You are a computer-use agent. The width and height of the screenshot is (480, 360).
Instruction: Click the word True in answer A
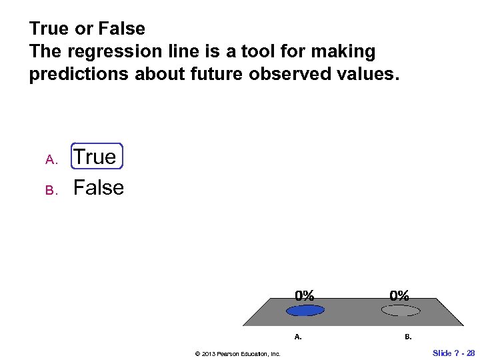coord(95,157)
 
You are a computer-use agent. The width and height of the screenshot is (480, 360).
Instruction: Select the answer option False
coord(99,188)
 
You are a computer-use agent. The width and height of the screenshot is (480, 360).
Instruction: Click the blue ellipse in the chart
coord(305,310)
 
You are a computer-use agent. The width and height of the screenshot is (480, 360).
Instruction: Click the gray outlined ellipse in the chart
coord(400,310)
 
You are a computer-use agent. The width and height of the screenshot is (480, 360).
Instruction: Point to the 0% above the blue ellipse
coord(305,295)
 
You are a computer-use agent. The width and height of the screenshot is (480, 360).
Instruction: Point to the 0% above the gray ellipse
coord(400,295)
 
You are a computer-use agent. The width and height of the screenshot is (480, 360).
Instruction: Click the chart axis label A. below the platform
coord(298,337)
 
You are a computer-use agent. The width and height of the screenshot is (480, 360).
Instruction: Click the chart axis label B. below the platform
coord(408,337)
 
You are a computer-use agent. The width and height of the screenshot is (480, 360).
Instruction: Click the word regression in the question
coord(114,51)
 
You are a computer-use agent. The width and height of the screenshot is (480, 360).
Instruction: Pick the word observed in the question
coord(285,74)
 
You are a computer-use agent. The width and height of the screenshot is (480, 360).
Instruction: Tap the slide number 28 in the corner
coord(471,353)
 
